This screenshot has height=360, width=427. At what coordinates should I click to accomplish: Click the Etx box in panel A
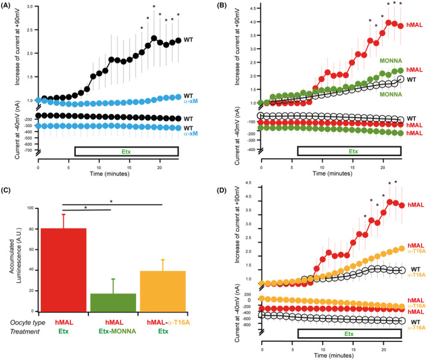tap(126, 168)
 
